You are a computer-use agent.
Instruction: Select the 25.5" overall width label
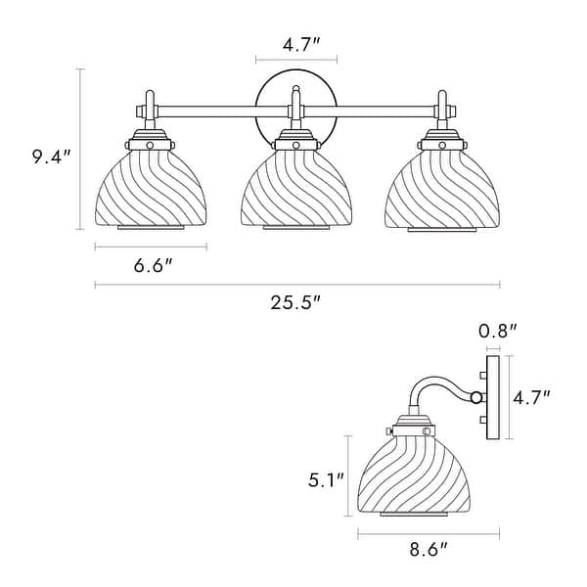click(x=295, y=303)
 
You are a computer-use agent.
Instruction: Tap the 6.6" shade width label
click(x=151, y=267)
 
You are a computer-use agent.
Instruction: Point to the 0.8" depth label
click(x=498, y=332)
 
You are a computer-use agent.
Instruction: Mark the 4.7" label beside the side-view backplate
click(x=532, y=397)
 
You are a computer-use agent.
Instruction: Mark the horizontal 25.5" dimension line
click(x=295, y=285)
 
